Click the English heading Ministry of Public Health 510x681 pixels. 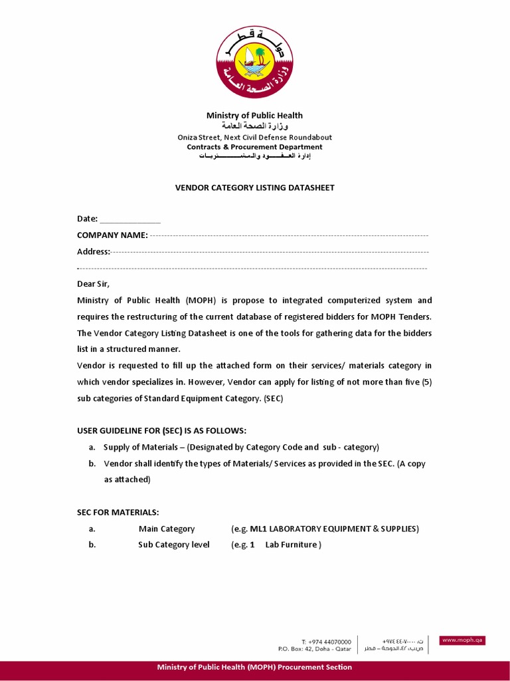point(254,116)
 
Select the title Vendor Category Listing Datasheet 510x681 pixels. point(254,188)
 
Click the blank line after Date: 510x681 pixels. point(129,219)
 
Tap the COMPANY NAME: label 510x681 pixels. point(112,235)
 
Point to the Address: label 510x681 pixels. point(94,251)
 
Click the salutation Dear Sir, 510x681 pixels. point(93,284)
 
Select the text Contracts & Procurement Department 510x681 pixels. point(254,147)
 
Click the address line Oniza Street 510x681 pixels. point(254,138)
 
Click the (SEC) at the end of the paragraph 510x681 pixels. point(273,398)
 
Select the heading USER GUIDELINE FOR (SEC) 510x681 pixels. point(161,431)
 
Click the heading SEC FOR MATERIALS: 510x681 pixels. point(118,512)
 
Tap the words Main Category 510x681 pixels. point(167,529)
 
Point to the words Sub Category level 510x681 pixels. point(174,545)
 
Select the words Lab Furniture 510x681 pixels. point(292,545)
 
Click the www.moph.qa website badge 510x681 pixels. point(463,640)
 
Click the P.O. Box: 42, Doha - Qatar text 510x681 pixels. point(315,648)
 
